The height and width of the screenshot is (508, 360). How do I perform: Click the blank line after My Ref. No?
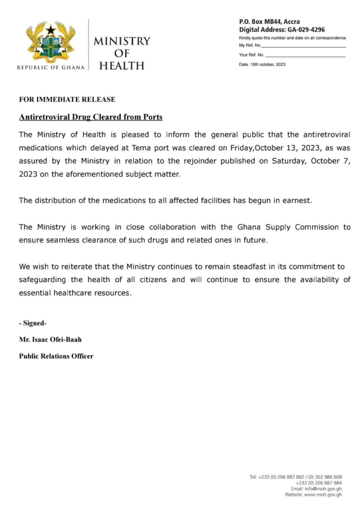pyautogui.click(x=303, y=46)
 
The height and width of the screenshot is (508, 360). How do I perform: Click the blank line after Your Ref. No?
pyautogui.click(x=305, y=56)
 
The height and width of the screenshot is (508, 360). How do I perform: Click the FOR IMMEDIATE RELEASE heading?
pyautogui.click(x=67, y=100)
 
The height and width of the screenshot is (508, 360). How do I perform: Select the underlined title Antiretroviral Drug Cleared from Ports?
pyautogui.click(x=91, y=118)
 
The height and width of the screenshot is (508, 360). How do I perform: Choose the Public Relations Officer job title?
pyautogui.click(x=56, y=356)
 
